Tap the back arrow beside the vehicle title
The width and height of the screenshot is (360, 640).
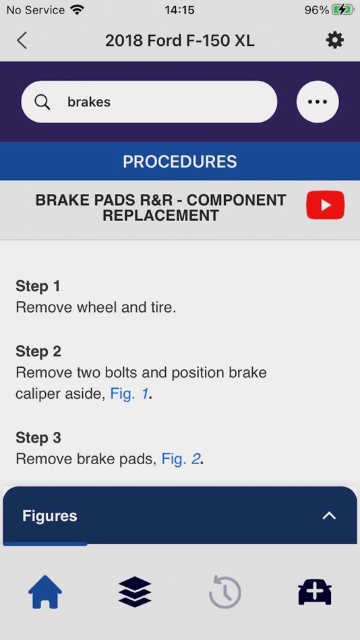coord(22,40)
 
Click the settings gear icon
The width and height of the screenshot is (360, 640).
coord(334,40)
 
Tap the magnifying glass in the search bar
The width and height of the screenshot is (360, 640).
coord(42,102)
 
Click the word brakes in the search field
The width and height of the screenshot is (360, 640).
coord(89,102)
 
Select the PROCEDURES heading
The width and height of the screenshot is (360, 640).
coord(180,162)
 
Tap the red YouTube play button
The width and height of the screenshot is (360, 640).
coord(325,205)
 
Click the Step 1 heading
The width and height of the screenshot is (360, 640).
coord(38,286)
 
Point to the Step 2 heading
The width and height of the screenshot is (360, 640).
coord(38,351)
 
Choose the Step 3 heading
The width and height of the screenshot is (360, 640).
coord(38,438)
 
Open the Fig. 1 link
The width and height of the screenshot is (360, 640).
coord(129,394)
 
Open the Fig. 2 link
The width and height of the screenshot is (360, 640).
coord(181,459)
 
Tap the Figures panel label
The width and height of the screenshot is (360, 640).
coord(49,516)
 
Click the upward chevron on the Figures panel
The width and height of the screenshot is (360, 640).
coord(329,516)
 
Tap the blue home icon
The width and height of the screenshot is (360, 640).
coord(45,592)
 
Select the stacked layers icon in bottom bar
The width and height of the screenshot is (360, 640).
coord(135,592)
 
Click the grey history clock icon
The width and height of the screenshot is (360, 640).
coord(224,592)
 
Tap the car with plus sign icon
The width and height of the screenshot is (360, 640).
coord(315,592)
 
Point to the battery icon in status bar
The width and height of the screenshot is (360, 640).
coord(342,10)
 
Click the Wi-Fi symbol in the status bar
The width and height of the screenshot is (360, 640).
coord(76,10)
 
